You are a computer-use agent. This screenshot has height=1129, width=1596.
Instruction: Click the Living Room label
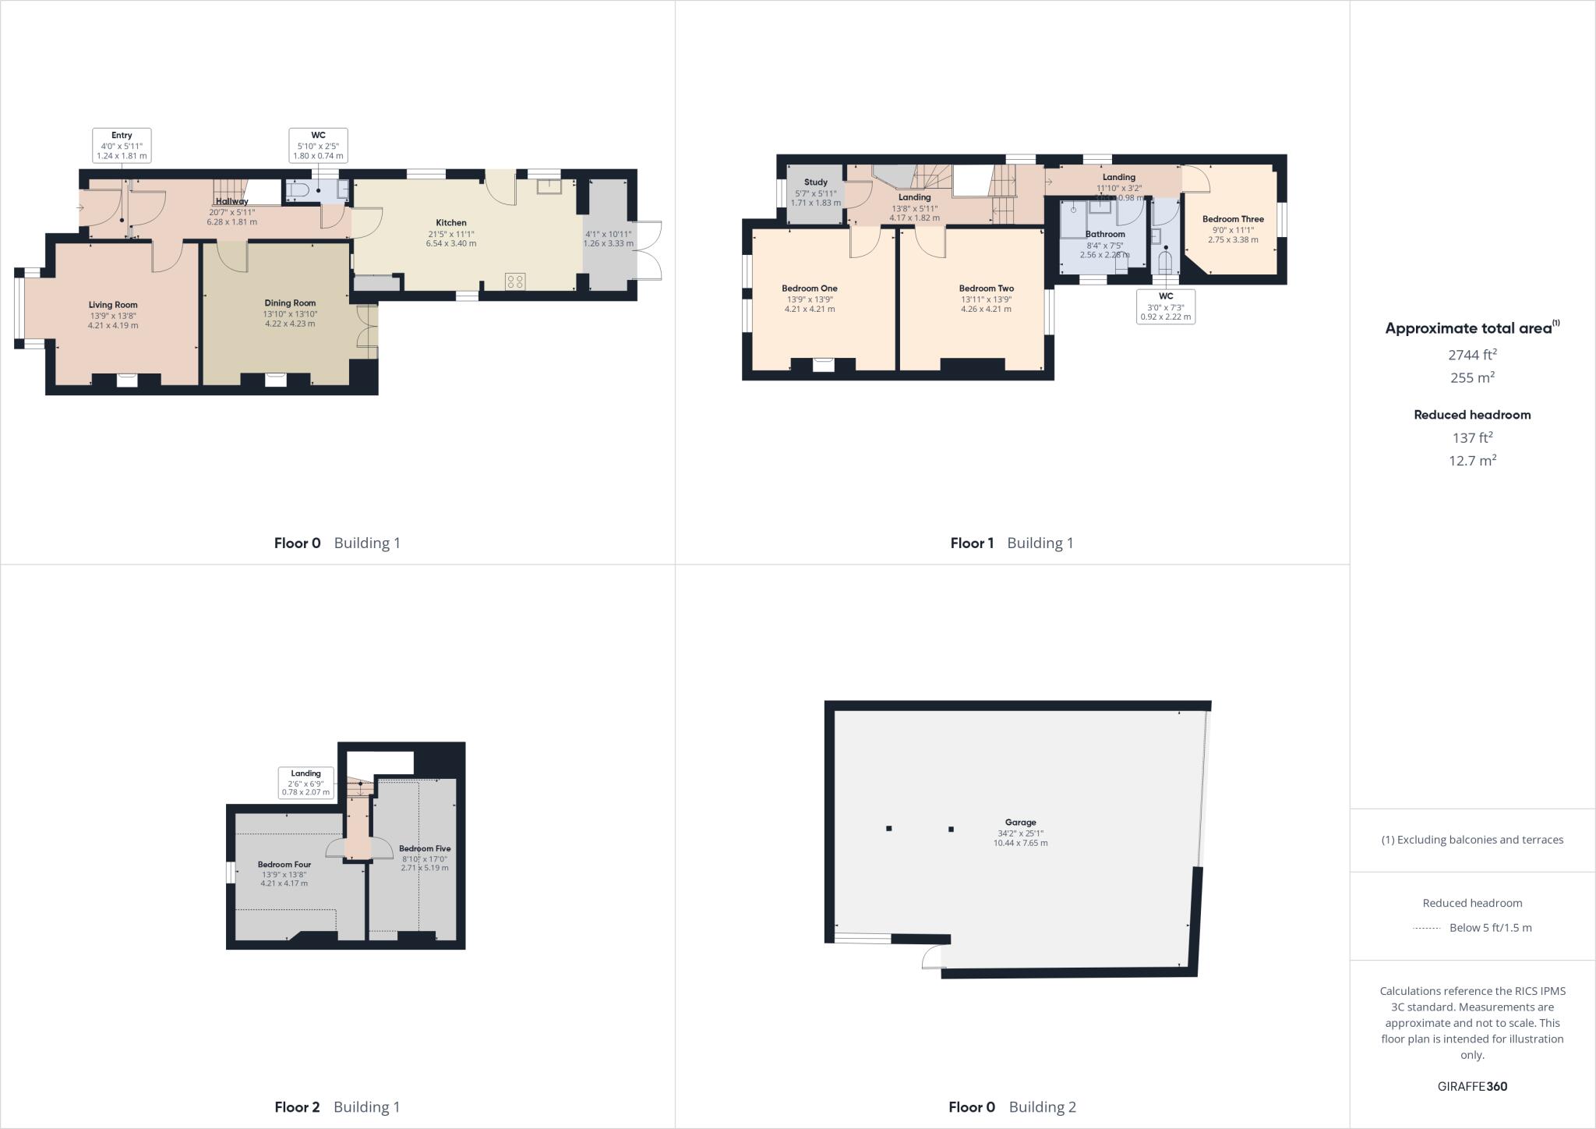pos(113,305)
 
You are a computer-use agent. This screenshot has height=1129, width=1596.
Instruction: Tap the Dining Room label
pos(290,303)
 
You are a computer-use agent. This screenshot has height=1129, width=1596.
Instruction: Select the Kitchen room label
pos(450,223)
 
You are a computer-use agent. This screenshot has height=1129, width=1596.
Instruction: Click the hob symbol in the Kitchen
pos(514,281)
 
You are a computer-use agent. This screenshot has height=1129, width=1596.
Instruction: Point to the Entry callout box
pos(122,146)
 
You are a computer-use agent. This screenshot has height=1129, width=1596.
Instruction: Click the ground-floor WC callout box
pos(318,146)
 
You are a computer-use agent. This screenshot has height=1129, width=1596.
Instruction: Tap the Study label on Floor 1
pos(816,182)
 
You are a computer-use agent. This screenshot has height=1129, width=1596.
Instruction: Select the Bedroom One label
pos(810,288)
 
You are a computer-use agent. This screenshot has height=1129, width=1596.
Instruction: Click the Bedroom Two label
pos(986,288)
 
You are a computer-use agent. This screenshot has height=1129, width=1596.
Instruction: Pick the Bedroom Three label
pos(1233,219)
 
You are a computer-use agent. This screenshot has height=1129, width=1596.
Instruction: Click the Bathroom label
pos(1105,234)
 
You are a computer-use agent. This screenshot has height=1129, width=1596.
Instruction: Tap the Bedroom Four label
pos(284,864)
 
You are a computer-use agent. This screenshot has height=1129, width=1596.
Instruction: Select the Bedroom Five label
pos(425,848)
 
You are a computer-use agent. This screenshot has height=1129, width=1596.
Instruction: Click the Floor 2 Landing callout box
pos(306,783)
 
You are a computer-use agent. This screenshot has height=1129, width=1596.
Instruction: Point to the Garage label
pos(1020,822)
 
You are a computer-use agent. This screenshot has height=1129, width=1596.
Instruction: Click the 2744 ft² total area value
pos(1472,355)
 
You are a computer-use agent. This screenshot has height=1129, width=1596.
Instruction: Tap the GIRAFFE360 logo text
pos(1472,1086)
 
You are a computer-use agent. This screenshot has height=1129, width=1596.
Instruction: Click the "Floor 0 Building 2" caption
pos(1012,1106)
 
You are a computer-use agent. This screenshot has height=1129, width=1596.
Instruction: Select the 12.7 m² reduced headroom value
pos(1472,460)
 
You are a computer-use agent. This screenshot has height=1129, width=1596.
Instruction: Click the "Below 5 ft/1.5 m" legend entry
pos(1490,928)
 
